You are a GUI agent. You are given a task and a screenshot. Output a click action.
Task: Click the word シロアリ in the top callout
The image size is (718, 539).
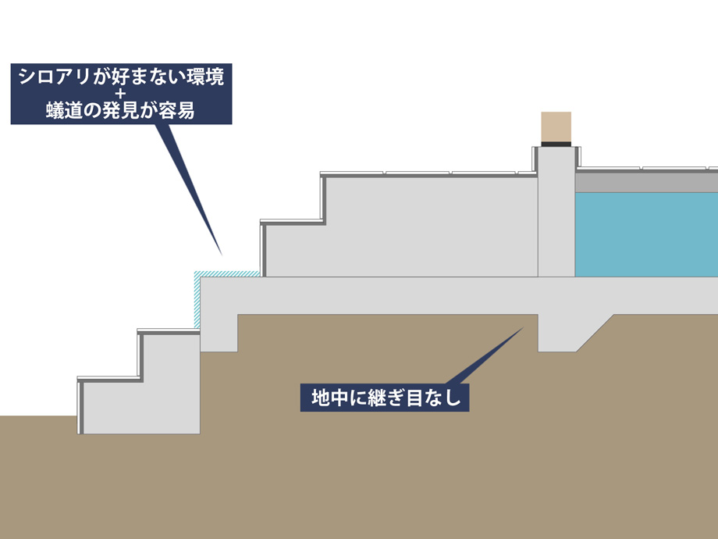(55, 77)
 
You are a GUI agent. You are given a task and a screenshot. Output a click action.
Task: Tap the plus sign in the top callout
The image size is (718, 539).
(121, 95)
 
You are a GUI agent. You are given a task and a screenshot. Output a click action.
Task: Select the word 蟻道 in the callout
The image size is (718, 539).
(64, 110)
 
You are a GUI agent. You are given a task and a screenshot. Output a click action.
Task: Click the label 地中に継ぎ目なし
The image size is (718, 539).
(386, 398)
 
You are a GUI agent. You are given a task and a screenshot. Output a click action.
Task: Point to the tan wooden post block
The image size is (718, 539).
(556, 127)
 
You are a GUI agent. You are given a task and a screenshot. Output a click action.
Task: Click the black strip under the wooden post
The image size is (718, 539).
(556, 145)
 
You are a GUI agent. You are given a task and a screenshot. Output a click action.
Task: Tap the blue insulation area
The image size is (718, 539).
(646, 234)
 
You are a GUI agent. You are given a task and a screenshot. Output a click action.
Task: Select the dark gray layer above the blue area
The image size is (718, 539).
(646, 183)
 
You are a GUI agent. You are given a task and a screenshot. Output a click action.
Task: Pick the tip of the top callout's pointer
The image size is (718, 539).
(222, 255)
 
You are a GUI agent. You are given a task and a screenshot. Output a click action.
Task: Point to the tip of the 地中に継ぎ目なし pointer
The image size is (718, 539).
(523, 327)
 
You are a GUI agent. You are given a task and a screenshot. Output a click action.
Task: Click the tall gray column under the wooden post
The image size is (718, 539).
(556, 212)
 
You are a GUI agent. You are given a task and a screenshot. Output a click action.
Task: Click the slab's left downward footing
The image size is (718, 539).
(219, 333)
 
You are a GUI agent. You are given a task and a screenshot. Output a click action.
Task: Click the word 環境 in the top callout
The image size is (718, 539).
(204, 77)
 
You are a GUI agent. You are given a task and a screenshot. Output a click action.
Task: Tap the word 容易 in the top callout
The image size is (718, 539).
(176, 110)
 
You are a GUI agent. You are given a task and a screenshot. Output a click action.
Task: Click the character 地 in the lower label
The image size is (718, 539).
(321, 398)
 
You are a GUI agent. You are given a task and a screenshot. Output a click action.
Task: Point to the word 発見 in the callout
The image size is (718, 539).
(120, 110)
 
